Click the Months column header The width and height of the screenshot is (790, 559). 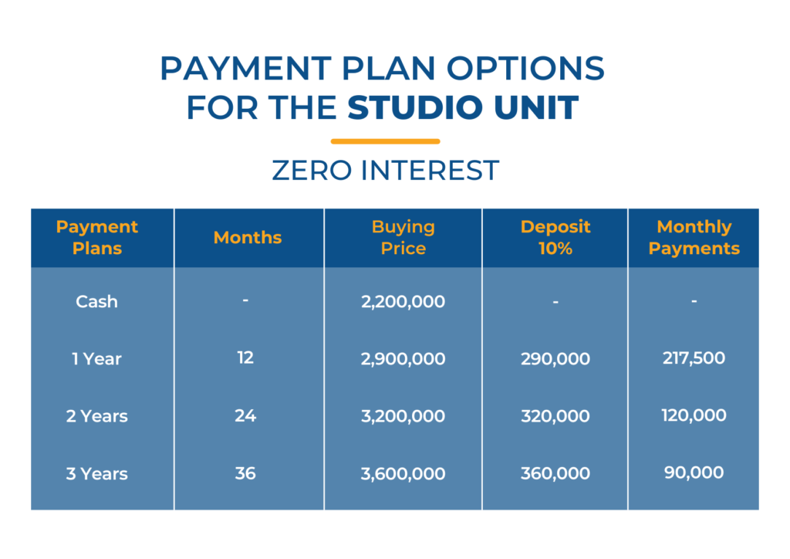pyautogui.click(x=248, y=237)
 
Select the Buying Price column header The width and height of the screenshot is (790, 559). pyautogui.click(x=403, y=237)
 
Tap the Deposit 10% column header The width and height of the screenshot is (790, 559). pyautogui.click(x=555, y=237)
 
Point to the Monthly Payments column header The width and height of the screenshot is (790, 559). pyautogui.click(x=694, y=237)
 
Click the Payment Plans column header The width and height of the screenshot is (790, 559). pyautogui.click(x=96, y=237)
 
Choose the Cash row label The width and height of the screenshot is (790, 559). pyautogui.click(x=96, y=301)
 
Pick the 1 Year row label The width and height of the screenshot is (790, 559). pyautogui.click(x=96, y=359)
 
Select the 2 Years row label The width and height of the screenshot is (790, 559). pyautogui.click(x=96, y=416)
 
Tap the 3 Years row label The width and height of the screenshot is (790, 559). pyautogui.click(x=96, y=474)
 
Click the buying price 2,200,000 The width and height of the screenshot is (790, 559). pyautogui.click(x=403, y=301)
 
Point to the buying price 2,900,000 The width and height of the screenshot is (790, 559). pyautogui.click(x=403, y=359)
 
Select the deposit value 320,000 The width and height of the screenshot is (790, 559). pyautogui.click(x=555, y=416)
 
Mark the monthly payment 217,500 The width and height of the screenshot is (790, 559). pyautogui.click(x=694, y=358)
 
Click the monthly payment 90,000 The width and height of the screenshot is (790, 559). pyautogui.click(x=694, y=473)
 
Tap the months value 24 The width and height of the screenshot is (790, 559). pyautogui.click(x=245, y=415)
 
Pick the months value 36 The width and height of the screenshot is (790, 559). pyautogui.click(x=245, y=473)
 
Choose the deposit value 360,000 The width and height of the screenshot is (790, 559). pyautogui.click(x=555, y=473)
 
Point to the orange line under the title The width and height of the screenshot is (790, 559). pyautogui.click(x=386, y=141)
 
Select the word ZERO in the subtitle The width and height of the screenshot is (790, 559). pyautogui.click(x=312, y=171)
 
